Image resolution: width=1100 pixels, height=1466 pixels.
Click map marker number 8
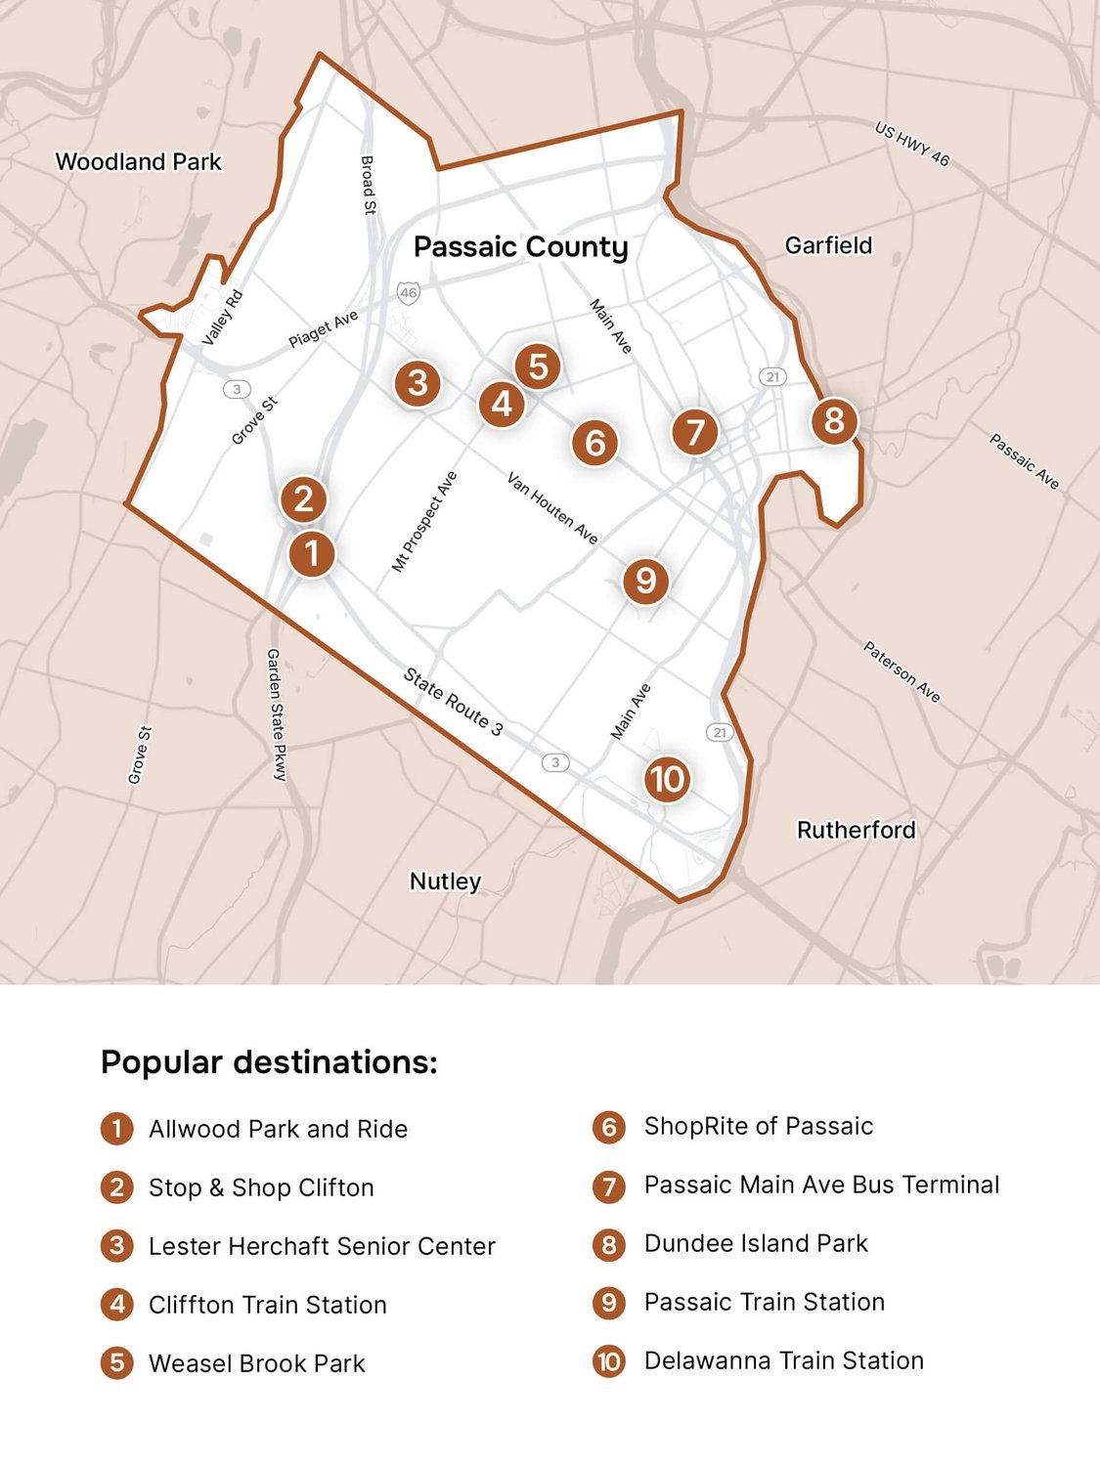(834, 421)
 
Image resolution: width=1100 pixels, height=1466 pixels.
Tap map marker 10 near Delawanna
(667, 779)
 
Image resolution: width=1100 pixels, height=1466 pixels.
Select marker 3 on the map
(418, 383)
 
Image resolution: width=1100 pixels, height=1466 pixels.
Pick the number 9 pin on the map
(645, 581)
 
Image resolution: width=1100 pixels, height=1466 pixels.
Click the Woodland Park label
(138, 162)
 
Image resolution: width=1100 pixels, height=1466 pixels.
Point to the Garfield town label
(828, 245)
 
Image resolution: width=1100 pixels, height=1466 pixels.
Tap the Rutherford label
(856, 830)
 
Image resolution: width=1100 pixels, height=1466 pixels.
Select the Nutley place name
(445, 882)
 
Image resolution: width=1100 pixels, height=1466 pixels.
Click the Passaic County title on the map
(520, 247)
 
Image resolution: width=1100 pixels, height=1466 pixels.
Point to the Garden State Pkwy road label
(277, 714)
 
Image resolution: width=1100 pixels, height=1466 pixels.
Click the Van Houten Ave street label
(552, 507)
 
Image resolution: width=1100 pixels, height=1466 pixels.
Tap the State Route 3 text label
(454, 702)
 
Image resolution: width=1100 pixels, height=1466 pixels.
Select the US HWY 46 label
(911, 144)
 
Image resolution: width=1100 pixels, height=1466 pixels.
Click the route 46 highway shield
(408, 292)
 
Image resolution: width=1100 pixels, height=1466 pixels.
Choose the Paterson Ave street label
(902, 671)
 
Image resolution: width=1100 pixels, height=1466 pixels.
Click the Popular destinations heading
(269, 1062)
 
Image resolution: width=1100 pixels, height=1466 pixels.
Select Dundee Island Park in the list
(756, 1243)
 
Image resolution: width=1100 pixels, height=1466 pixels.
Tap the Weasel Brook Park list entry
(256, 1363)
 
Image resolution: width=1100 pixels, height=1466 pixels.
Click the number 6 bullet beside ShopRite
(608, 1127)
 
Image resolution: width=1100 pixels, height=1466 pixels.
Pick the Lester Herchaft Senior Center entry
(322, 1246)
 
